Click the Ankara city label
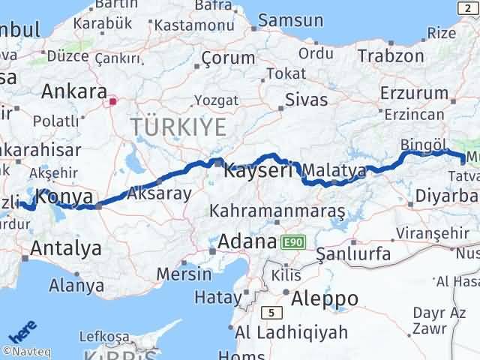[x=73, y=91]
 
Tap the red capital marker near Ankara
[x=113, y=100]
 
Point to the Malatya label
[x=334, y=171]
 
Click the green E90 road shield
[x=292, y=242]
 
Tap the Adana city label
[x=247, y=242]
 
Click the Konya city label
[x=64, y=198]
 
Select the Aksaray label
[x=159, y=193]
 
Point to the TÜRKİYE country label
[x=178, y=127]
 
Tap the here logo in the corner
[x=22, y=331]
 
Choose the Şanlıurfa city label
[x=353, y=253]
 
